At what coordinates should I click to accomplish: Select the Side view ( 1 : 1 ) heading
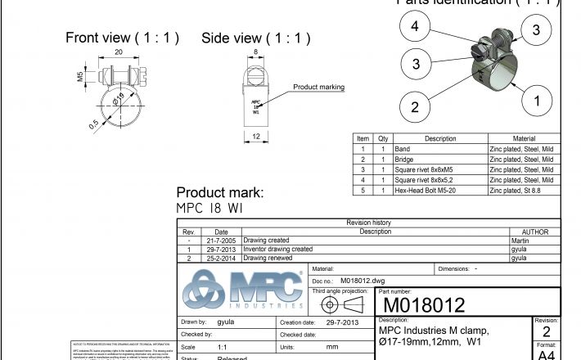[x=256, y=38]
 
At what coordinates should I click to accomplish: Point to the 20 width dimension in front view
[x=118, y=52]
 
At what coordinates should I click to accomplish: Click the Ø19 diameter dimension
[x=119, y=101]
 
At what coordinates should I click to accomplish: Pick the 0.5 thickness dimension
[x=94, y=124]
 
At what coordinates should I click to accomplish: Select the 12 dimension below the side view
[x=256, y=137]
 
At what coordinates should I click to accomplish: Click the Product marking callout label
[x=318, y=87]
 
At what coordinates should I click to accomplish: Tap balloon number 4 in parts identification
[x=415, y=27]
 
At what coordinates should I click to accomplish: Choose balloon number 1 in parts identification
[x=537, y=101]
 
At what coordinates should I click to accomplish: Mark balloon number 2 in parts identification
[x=415, y=106]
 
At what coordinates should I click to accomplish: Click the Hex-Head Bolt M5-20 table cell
[x=425, y=190]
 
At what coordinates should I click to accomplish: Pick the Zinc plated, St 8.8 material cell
[x=514, y=190]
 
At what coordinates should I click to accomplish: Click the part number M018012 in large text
[x=421, y=305]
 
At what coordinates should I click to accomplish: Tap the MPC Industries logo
[x=242, y=290]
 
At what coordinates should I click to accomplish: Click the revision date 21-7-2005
[x=220, y=241]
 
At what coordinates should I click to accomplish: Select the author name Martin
[x=520, y=241]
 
